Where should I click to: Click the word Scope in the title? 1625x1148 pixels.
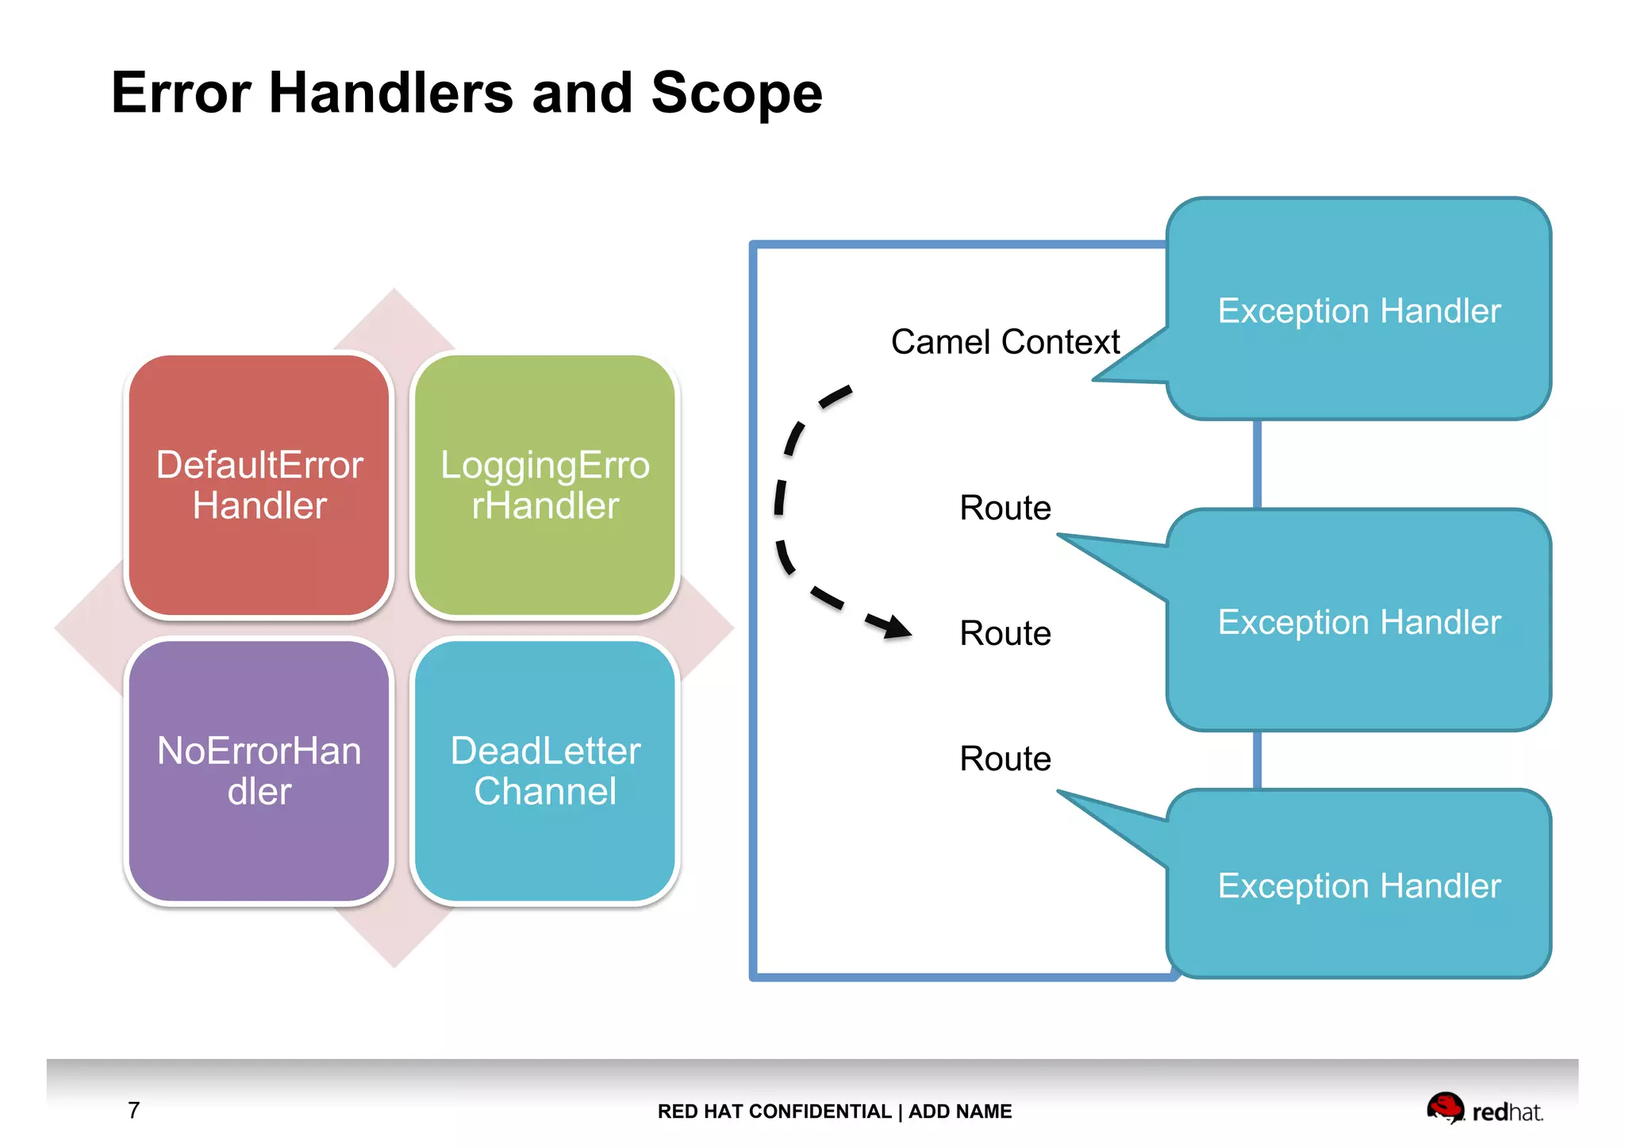736,94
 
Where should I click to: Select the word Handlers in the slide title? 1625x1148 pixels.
391,94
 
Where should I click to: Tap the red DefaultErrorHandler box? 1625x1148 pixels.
259,485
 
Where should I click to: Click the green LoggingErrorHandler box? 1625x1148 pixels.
545,485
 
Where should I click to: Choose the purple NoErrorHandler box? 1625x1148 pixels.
259,770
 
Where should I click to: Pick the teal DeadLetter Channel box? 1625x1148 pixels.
545,770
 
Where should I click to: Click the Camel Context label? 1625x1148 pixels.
1005,342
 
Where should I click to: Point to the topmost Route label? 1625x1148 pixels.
1005,508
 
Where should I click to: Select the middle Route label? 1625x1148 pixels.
1005,633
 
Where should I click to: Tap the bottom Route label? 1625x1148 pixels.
1005,758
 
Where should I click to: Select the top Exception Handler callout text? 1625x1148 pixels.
1358,310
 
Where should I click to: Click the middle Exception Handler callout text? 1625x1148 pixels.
1358,622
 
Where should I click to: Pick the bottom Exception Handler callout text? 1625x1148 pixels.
1358,885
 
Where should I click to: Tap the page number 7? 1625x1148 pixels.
134,1110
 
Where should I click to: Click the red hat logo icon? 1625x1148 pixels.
1444,1108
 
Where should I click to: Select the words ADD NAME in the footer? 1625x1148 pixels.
960,1112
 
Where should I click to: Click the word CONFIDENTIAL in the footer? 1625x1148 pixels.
820,1112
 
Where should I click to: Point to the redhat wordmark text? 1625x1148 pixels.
1507,1112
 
